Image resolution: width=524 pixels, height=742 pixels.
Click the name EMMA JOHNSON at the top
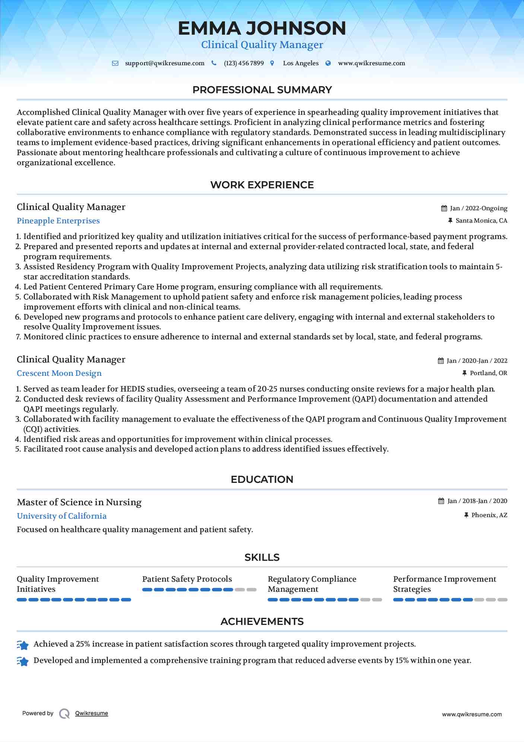[262, 28]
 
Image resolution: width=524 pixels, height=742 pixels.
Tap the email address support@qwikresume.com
[165, 63]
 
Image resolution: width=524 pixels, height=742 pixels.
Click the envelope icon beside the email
[115, 63]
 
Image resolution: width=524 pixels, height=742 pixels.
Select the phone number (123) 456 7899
[244, 63]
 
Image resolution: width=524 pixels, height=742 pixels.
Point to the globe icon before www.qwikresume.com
[328, 63]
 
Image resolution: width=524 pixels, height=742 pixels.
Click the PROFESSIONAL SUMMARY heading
[262, 90]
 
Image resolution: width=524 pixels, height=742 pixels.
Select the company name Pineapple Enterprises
[58, 221]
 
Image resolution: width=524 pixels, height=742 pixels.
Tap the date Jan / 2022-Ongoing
[479, 208]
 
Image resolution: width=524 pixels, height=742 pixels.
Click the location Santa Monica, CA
[481, 221]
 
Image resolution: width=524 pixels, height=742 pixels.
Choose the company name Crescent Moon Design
[59, 373]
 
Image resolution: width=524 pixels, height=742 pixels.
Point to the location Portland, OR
[488, 373]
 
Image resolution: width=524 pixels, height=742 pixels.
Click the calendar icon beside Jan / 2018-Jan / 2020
[441, 501]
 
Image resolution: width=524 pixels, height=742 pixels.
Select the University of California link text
[62, 516]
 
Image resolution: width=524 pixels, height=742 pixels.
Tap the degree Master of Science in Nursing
[79, 502]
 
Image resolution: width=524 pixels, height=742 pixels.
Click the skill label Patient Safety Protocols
[187, 579]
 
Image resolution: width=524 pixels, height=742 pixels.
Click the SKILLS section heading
[262, 557]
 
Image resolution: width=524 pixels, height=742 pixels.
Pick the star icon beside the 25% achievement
[23, 645]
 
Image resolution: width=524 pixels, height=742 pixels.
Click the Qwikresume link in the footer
[92, 713]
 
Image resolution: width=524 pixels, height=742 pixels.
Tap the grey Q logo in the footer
[64, 714]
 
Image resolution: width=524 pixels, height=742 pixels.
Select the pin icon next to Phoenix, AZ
[466, 515]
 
